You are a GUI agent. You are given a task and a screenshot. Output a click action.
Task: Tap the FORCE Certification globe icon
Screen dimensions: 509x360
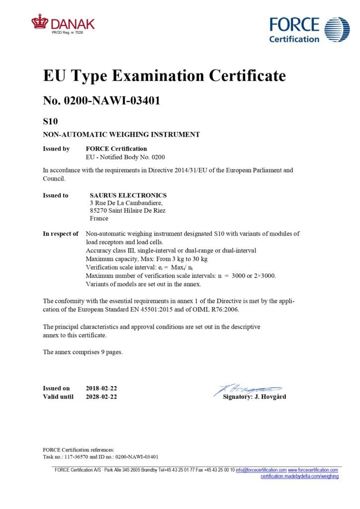tap(337, 29)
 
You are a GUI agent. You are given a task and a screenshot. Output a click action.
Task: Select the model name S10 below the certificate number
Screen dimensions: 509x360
tap(52, 121)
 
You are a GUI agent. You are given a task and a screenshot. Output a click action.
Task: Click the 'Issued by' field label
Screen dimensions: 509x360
tap(56, 149)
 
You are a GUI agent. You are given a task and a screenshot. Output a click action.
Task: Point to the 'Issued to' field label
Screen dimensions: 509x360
tap(56, 195)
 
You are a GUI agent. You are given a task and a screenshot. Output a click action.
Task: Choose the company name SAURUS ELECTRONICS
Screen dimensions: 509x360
tap(128, 195)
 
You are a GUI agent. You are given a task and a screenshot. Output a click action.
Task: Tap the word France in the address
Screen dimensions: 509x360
tap(99, 218)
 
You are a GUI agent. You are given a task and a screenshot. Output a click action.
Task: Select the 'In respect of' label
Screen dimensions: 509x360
tap(61, 234)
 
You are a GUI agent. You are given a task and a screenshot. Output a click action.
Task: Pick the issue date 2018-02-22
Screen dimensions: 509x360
tap(101, 388)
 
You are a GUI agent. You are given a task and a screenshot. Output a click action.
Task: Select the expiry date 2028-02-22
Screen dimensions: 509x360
tap(101, 397)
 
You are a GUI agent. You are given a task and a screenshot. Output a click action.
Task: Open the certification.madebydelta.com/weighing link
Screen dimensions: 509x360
tap(300, 476)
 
